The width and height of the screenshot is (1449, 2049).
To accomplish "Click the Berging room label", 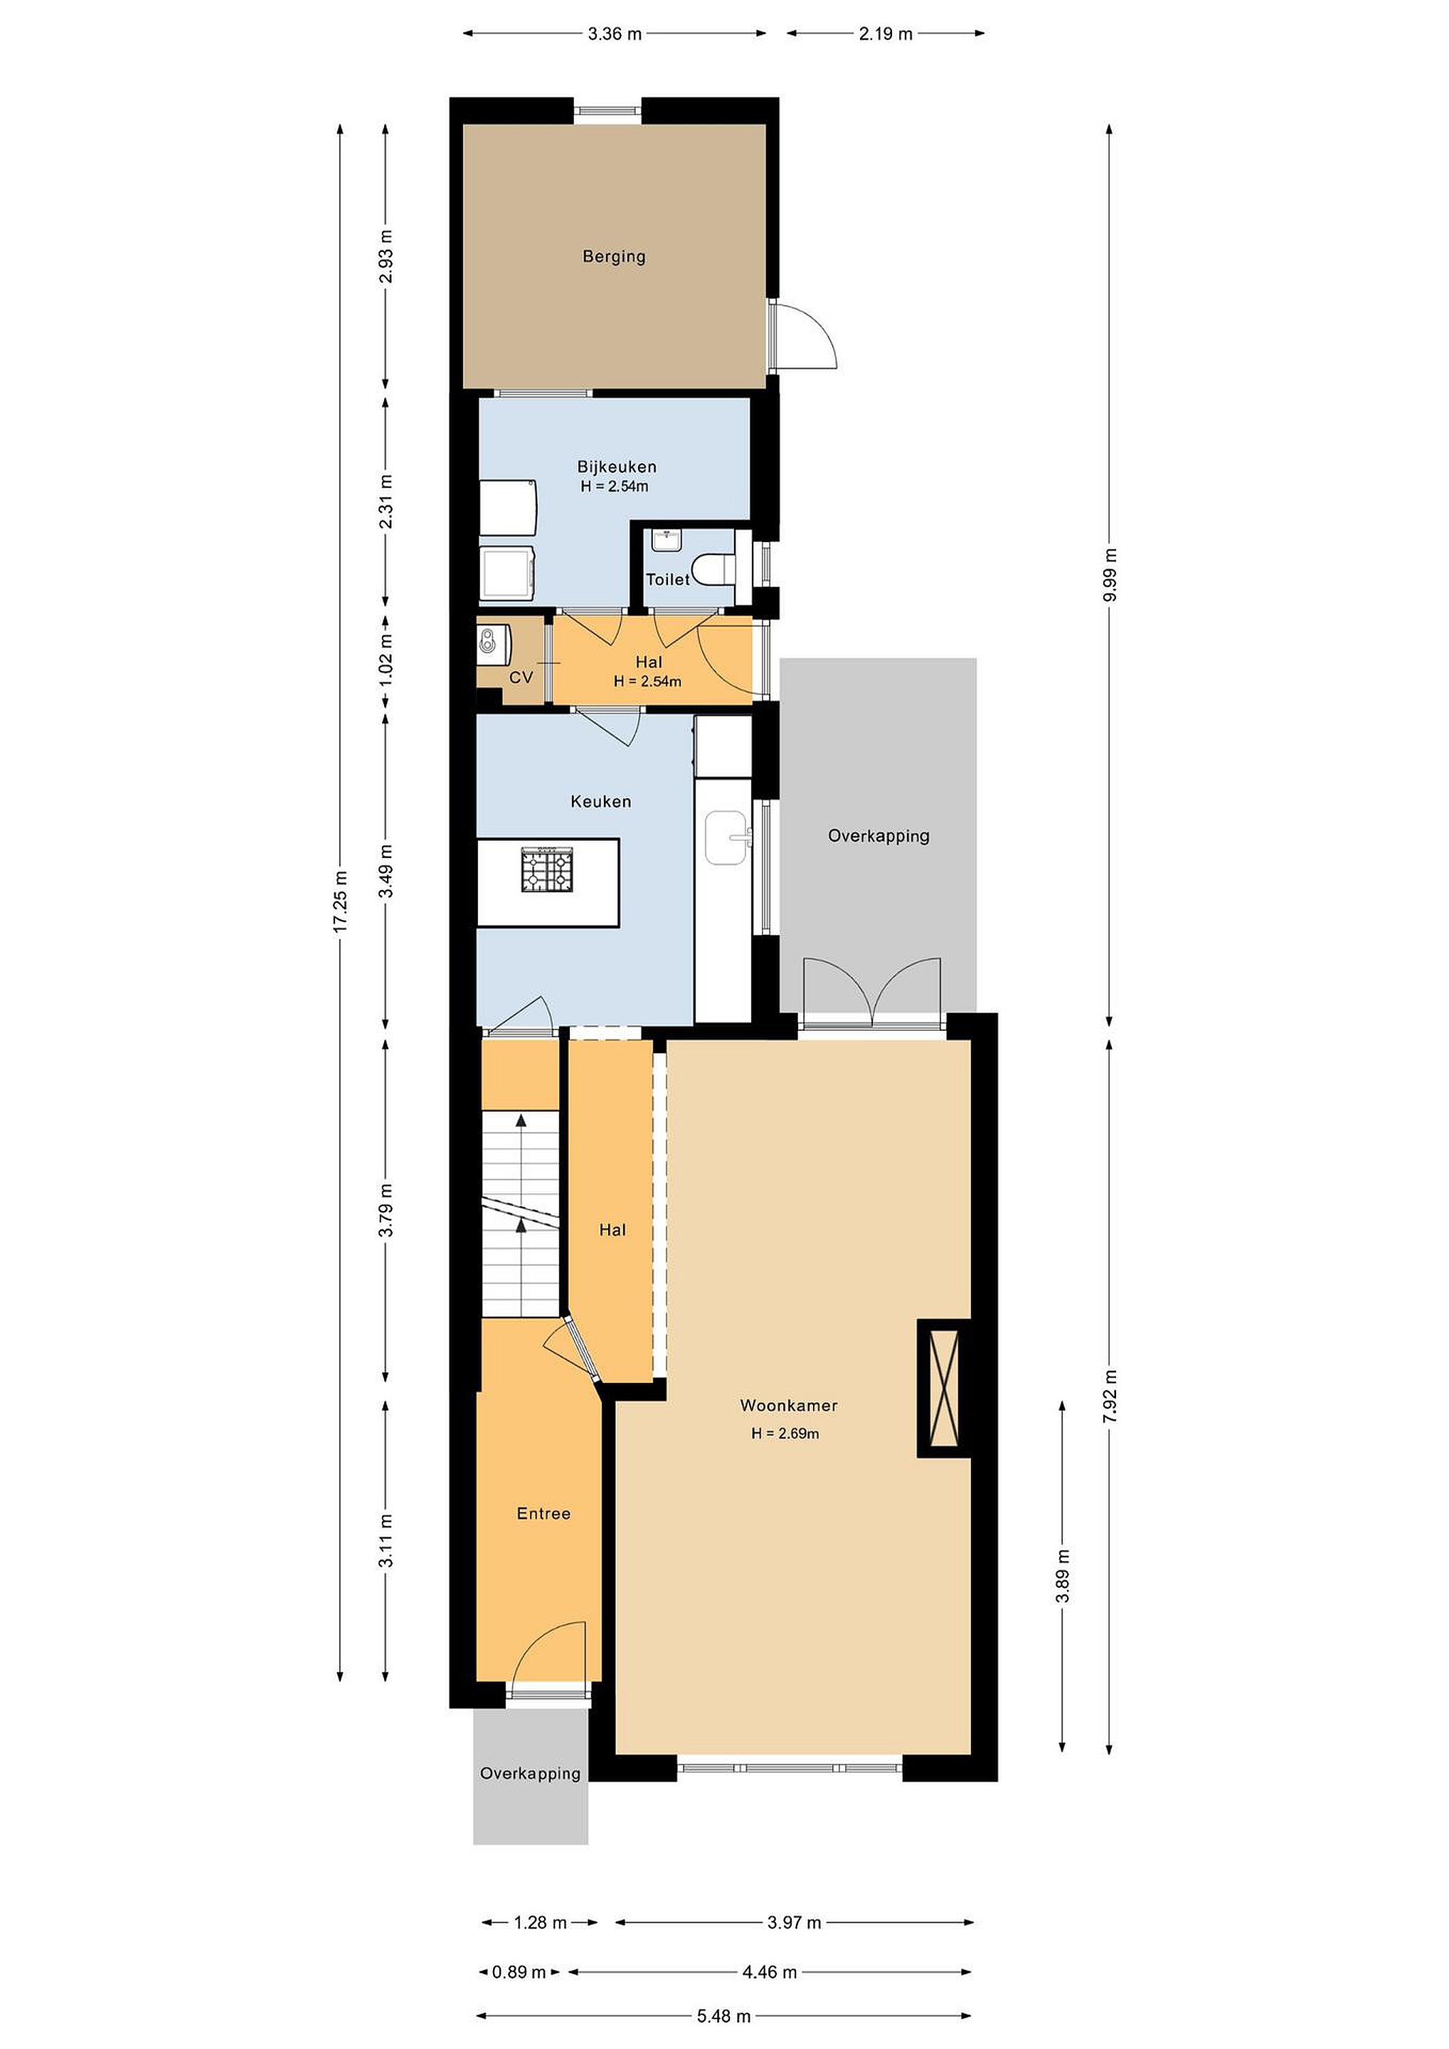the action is (614, 257).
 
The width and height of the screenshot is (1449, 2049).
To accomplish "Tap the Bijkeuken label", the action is (617, 467).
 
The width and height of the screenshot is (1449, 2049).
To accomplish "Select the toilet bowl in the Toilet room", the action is (716, 569).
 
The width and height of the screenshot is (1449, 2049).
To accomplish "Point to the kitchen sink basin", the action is (727, 837).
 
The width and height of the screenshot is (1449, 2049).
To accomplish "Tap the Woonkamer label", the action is (789, 1406).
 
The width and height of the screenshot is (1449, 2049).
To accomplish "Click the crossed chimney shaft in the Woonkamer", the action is (944, 1388).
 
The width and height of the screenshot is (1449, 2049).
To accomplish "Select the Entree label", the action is (543, 1513).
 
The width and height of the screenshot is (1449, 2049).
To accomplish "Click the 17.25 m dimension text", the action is (340, 901).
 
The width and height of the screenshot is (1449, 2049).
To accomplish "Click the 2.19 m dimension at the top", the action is (887, 34).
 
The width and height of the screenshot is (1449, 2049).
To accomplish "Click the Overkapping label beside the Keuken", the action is (879, 836).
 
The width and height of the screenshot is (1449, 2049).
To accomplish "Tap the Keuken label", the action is (600, 801).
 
